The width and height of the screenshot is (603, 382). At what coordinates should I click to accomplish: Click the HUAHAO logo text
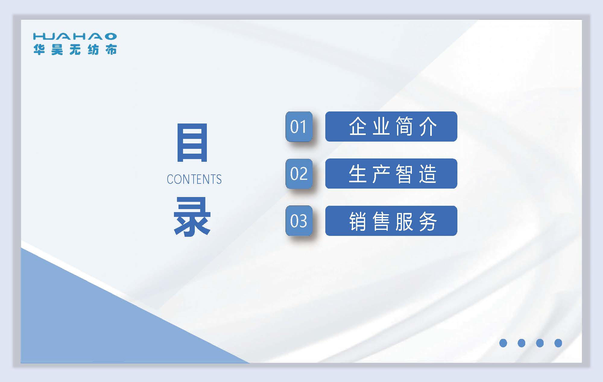[75, 36]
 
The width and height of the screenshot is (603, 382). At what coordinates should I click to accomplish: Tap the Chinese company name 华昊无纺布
[75, 50]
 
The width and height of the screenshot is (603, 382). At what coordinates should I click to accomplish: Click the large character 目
[192, 142]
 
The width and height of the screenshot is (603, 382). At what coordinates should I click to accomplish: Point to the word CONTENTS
[194, 179]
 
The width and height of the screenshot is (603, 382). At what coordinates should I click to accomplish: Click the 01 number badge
[299, 127]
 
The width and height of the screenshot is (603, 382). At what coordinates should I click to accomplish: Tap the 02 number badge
[299, 174]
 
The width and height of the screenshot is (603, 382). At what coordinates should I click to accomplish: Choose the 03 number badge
[299, 221]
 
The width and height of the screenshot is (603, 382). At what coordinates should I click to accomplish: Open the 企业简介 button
[391, 127]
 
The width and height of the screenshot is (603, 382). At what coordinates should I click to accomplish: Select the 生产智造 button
[391, 174]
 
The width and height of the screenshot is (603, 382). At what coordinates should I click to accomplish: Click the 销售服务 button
[391, 221]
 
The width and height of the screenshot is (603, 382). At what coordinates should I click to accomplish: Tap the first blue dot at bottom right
[503, 343]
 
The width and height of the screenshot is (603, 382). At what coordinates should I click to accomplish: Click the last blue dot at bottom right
[558, 343]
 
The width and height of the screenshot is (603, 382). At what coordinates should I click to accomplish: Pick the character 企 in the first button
[358, 127]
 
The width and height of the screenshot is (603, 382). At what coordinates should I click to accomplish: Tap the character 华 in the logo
[39, 50]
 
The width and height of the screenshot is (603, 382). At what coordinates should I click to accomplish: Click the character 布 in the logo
[111, 50]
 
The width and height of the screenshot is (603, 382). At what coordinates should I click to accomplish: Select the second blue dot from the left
[521, 343]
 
